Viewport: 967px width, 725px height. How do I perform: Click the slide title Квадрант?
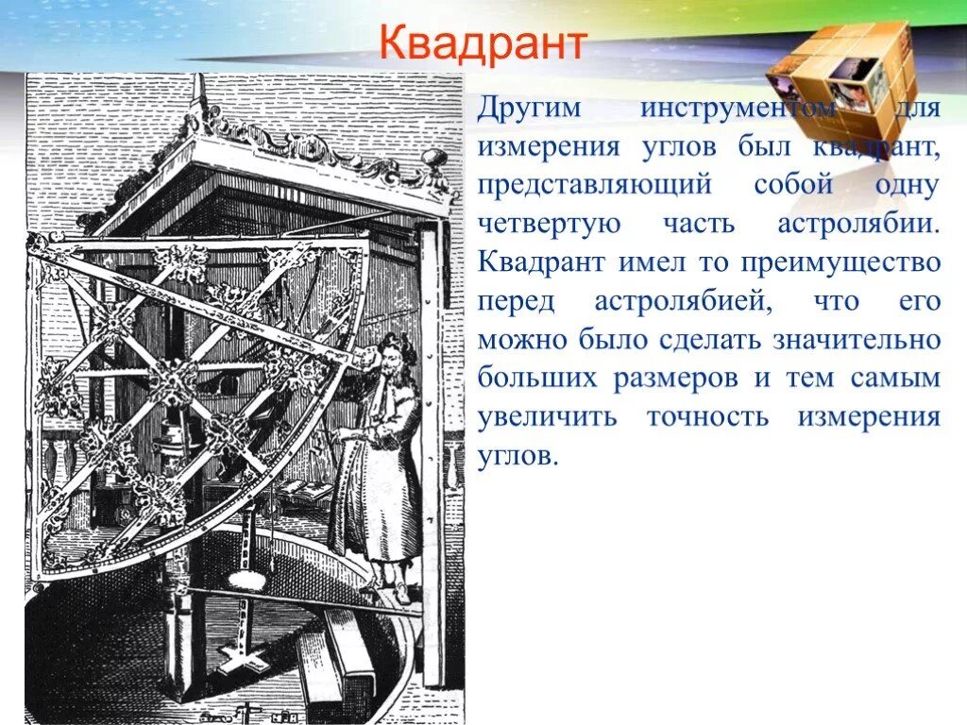click(483, 44)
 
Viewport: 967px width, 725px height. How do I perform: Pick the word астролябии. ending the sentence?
click(858, 224)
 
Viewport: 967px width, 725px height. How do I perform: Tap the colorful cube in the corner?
click(843, 76)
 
